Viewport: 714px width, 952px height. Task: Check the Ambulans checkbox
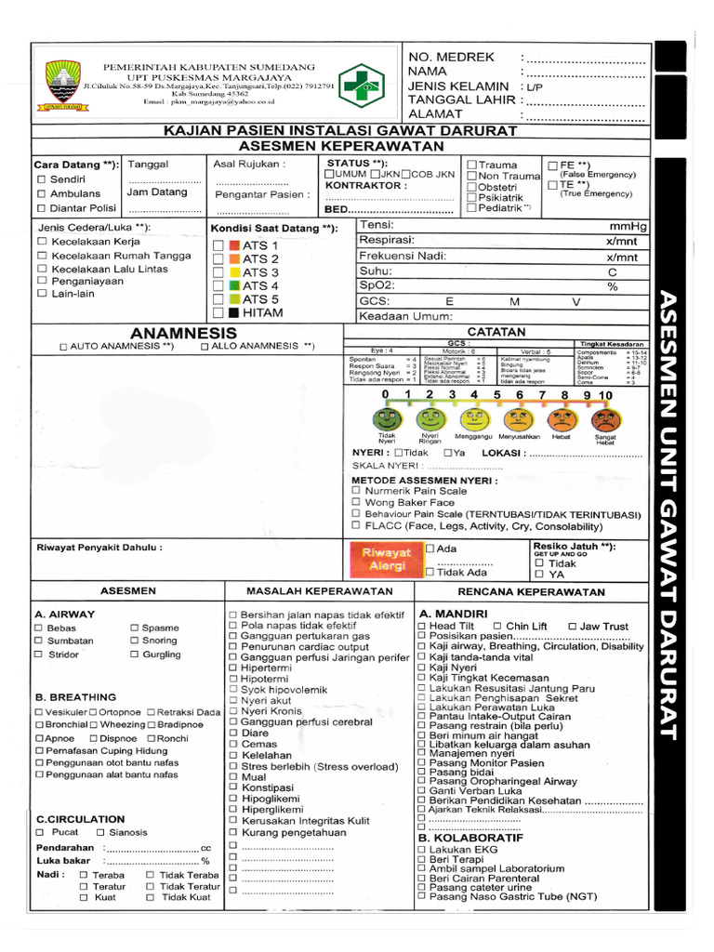pos(41,193)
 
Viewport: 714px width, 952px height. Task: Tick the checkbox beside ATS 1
pos(218,245)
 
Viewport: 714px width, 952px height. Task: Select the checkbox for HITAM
pos(218,313)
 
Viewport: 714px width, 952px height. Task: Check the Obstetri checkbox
pos(472,187)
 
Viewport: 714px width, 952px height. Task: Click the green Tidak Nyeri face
pos(388,419)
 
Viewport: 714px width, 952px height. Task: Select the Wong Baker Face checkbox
pos(357,502)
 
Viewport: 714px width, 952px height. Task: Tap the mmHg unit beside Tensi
pos(628,226)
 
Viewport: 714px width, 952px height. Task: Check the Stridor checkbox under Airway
pos(39,654)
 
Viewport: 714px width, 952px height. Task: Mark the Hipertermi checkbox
pos(232,668)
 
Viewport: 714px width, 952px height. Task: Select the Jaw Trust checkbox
pos(572,627)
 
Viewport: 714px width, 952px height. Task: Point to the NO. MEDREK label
pos(451,58)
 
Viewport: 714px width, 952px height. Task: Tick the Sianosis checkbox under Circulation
pos(100,832)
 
